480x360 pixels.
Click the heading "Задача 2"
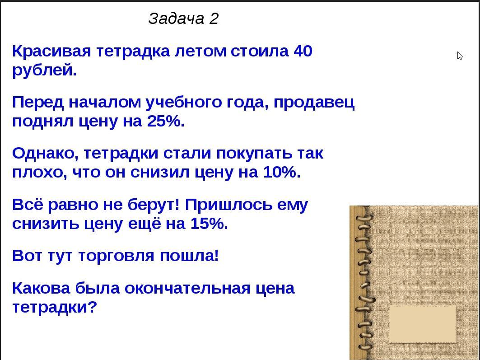click(183, 19)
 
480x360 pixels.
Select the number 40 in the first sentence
click(303, 51)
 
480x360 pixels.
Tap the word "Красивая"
click(52, 51)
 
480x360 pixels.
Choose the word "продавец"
click(314, 103)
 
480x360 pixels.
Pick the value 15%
click(208, 224)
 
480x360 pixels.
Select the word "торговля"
click(116, 257)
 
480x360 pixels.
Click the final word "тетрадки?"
click(55, 308)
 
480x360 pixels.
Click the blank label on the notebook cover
click(423, 324)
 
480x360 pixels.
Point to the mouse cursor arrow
click(460, 56)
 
